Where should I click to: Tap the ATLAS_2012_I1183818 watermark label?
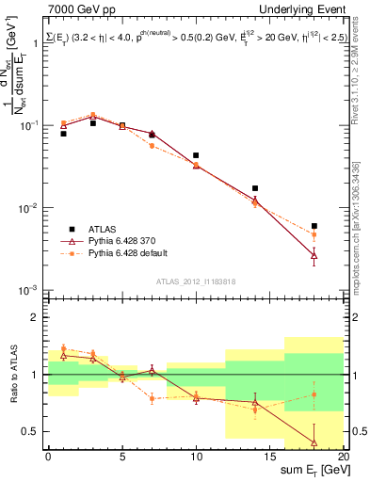[196, 279]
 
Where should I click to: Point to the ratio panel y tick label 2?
[38, 317]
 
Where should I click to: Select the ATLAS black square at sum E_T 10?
[196, 155]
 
